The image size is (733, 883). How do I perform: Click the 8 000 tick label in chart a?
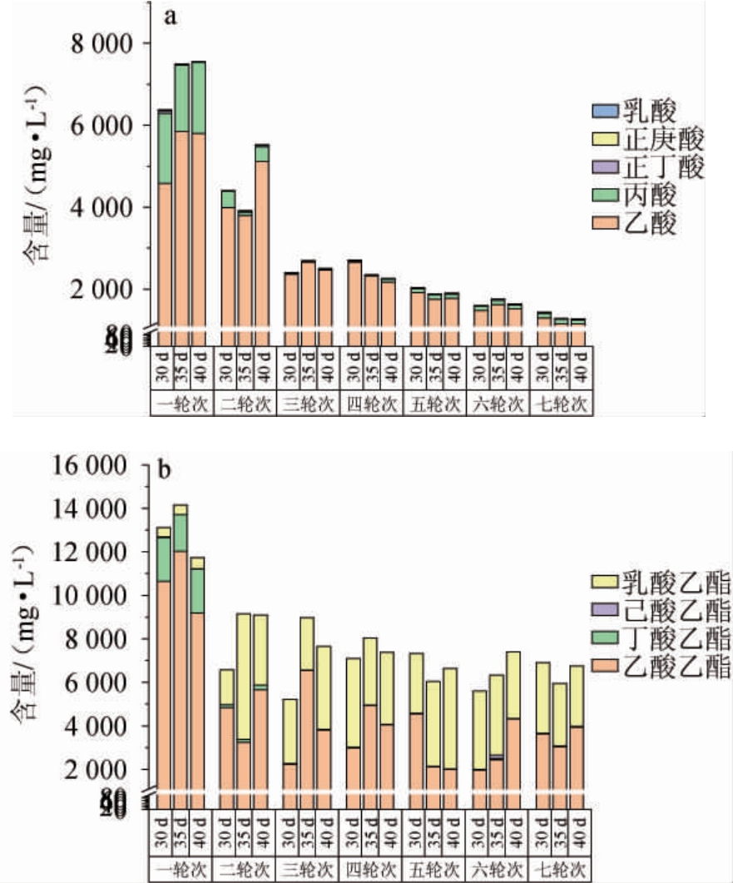[94, 43]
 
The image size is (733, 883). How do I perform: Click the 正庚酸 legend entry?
[650, 138]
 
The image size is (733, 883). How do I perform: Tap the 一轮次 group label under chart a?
[182, 404]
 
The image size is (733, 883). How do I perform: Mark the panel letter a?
[169, 17]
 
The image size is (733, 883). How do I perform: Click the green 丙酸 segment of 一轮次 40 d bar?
[198, 97]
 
